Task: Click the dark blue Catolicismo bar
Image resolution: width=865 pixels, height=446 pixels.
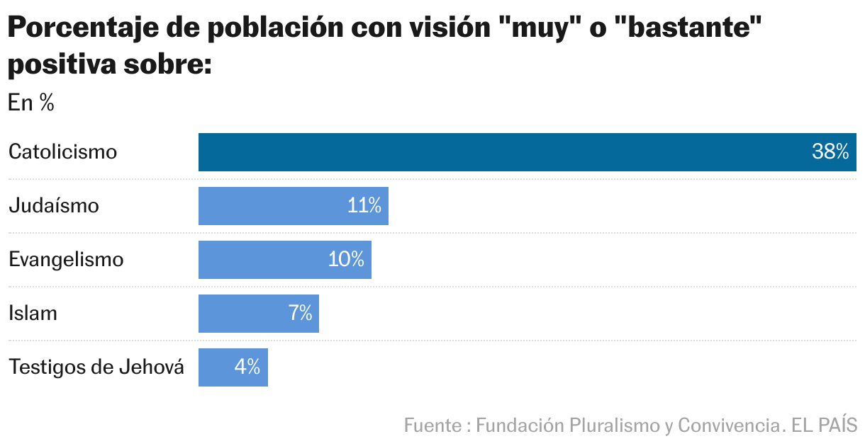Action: tap(496, 152)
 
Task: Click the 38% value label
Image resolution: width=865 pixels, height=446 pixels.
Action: tap(830, 152)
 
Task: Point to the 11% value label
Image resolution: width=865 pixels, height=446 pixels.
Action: tap(364, 206)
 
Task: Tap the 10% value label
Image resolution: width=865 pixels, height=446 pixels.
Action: tap(346, 260)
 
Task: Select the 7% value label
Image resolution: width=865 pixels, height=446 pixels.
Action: tap(301, 314)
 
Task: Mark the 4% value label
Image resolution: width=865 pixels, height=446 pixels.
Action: tap(247, 367)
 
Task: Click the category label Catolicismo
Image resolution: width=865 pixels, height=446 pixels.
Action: tap(62, 152)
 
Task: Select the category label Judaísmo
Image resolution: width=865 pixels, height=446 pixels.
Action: tap(54, 206)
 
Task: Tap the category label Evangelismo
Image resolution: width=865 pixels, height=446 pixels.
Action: tap(66, 260)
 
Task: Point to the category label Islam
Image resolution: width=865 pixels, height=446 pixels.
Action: tap(33, 314)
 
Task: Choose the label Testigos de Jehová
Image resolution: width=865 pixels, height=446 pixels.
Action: tap(96, 367)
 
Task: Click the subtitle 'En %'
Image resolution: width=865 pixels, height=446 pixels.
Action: tap(31, 103)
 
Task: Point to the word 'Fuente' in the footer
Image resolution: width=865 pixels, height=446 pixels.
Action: tap(432, 425)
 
